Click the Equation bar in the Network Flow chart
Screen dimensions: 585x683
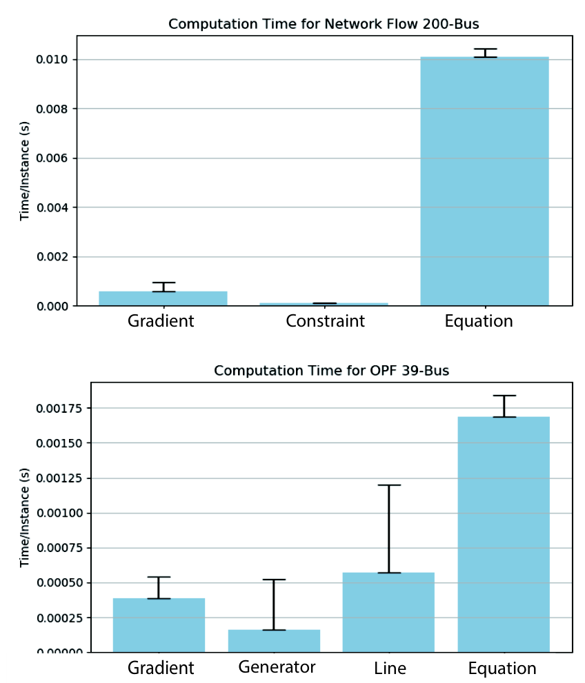coord(484,181)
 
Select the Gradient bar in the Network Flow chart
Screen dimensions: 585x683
coord(163,298)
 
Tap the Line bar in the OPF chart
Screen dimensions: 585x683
coord(388,612)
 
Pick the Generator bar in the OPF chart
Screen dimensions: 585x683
coord(274,641)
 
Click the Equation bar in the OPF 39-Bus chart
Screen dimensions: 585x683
coord(504,534)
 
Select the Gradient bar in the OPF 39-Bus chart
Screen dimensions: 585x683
coord(159,625)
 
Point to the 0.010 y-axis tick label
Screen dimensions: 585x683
coord(52,60)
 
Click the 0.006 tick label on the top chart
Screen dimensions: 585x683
coord(52,158)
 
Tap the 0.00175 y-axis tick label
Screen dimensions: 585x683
coord(59,408)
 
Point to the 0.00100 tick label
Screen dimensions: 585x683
coord(59,513)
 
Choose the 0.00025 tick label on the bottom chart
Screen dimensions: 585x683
coord(59,618)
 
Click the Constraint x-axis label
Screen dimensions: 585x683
coord(325,321)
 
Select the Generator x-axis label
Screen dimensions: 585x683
coord(277,667)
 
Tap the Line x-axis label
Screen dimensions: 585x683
coord(390,668)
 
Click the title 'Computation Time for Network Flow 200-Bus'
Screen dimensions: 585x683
coord(324,24)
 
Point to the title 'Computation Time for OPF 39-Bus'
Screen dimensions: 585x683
coord(331,371)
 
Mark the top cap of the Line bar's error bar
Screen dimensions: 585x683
coord(389,485)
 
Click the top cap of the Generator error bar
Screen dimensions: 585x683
coord(274,580)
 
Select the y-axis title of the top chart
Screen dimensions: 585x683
coord(24,171)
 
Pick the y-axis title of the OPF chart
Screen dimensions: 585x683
coord(24,518)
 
